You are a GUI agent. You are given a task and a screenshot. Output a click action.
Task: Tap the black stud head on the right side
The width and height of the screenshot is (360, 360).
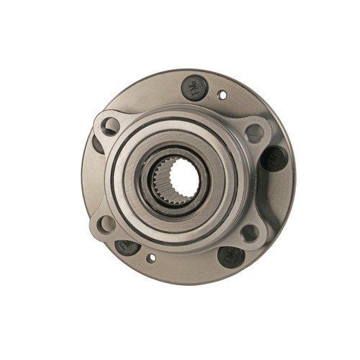274,158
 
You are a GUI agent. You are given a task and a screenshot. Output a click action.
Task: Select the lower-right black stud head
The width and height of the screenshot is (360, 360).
230,256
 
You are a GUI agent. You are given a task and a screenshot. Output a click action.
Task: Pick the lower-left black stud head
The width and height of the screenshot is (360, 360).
127,246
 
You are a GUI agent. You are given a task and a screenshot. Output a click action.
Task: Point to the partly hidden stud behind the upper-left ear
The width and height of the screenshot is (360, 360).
98,144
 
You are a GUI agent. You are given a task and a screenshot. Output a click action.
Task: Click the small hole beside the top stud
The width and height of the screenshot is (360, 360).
222,94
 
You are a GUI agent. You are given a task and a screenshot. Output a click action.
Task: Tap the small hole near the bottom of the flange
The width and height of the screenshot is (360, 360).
151,258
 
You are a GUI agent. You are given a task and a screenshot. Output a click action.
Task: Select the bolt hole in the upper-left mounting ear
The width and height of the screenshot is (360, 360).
111,127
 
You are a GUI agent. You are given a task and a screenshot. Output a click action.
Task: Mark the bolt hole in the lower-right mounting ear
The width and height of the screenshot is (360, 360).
249,233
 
